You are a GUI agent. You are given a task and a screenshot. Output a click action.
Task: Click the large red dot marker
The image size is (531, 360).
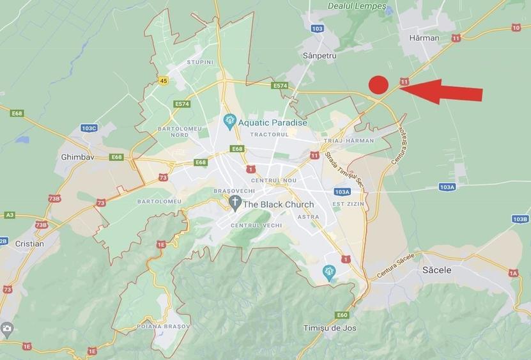(x=379, y=84)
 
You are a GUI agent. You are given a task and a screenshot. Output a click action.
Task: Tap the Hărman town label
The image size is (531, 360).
(x=424, y=38)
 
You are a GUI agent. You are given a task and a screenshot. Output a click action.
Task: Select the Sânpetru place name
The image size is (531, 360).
(x=319, y=56)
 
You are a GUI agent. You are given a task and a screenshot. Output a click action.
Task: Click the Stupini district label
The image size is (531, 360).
(x=199, y=62)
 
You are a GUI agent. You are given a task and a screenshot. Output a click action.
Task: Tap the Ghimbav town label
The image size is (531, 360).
(x=77, y=157)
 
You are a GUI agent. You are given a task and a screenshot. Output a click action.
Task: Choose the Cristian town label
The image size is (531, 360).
(x=29, y=244)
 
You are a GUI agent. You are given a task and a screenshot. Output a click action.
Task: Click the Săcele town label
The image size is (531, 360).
(x=437, y=270)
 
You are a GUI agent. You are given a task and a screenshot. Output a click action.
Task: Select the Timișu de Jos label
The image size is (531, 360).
(x=329, y=328)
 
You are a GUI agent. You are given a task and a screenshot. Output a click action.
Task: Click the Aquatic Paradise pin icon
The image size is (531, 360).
(x=229, y=120)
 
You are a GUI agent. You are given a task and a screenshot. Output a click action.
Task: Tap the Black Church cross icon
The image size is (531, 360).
(x=235, y=203)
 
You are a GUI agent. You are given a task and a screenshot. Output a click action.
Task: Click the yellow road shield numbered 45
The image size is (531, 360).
(x=164, y=81)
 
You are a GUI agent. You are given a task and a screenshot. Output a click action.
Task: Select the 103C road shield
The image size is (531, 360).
(x=89, y=128)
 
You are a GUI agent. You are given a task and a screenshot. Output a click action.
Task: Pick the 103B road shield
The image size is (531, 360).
(x=520, y=219)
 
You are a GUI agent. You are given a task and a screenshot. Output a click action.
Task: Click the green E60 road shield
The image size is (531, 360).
(x=342, y=315)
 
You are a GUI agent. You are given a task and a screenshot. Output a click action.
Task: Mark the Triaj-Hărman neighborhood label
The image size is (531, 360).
(x=349, y=141)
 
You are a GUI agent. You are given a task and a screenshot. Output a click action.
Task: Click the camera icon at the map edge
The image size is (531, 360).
(x=7, y=330)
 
